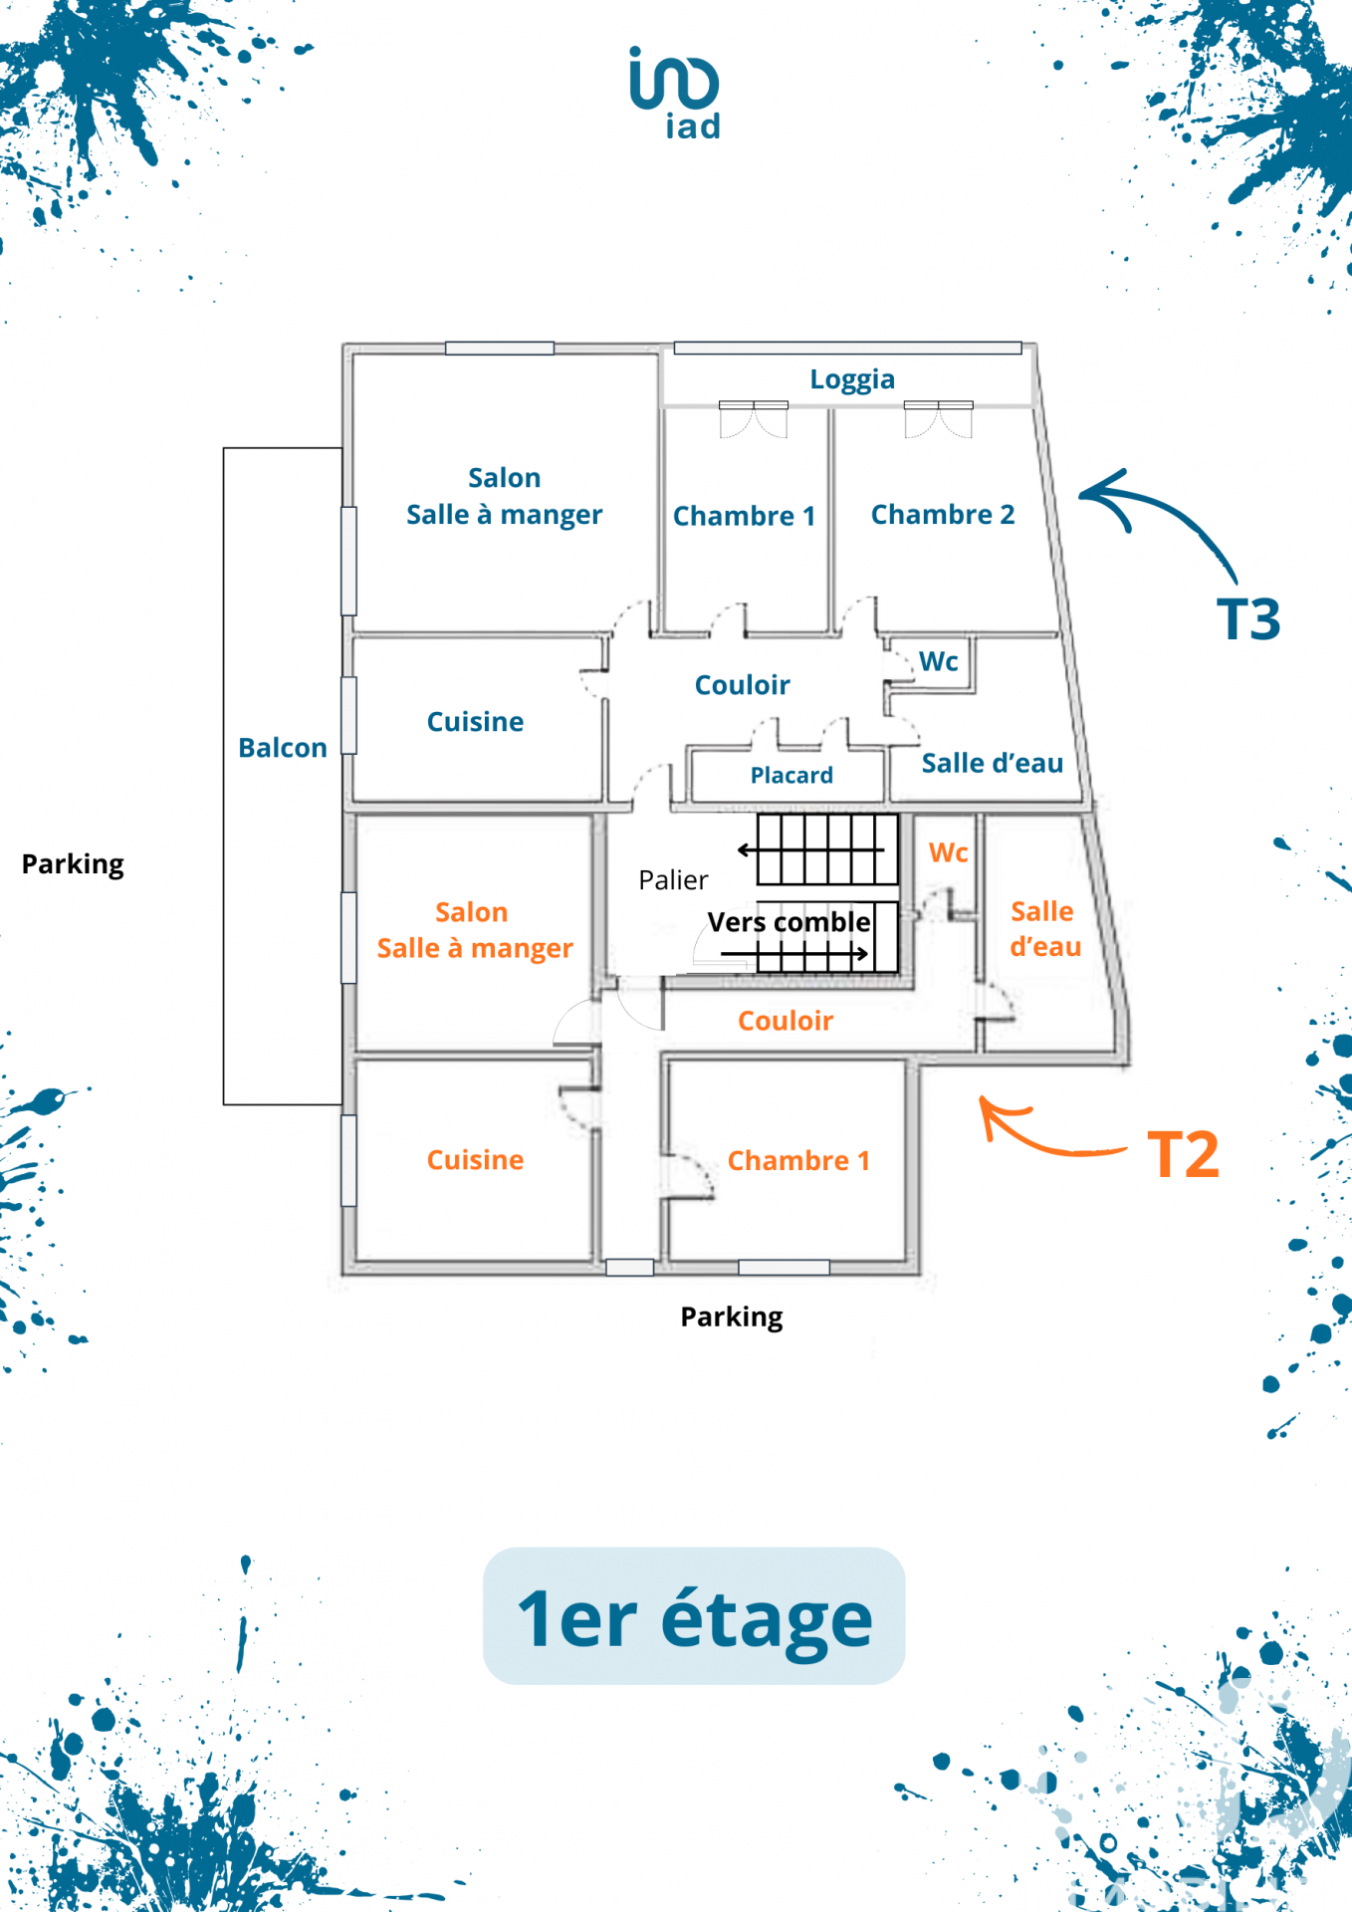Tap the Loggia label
click(x=852, y=379)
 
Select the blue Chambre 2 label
click(x=943, y=515)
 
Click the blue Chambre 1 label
click(x=744, y=516)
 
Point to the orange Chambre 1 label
click(x=798, y=1161)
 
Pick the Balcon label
click(x=283, y=748)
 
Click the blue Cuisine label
click(x=475, y=722)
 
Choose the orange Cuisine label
click(x=475, y=1160)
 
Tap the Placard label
click(x=791, y=776)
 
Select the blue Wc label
click(x=938, y=662)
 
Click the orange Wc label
click(x=948, y=853)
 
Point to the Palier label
click(x=673, y=880)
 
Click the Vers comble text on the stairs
click(x=789, y=923)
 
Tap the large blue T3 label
click(x=1248, y=619)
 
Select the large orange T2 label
click(x=1183, y=1155)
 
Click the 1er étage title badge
click(x=694, y=1616)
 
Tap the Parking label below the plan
click(x=732, y=1317)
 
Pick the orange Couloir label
click(x=786, y=1021)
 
